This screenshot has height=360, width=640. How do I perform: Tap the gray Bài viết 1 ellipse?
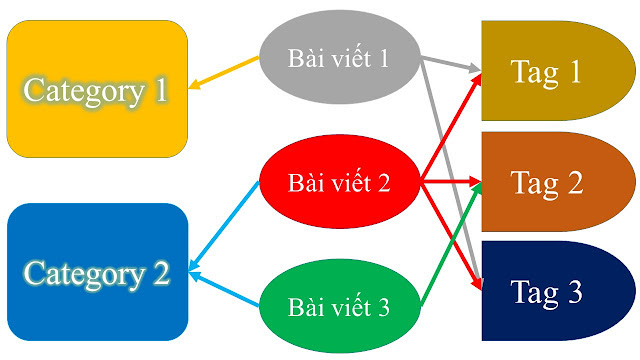click(x=338, y=58)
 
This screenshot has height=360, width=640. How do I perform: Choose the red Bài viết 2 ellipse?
click(x=338, y=183)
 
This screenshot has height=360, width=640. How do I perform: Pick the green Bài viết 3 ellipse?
click(x=338, y=306)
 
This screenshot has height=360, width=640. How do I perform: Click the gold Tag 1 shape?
click(x=545, y=71)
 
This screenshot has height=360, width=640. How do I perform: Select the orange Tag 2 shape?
click(x=546, y=182)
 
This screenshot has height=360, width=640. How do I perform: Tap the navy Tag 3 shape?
click(x=546, y=293)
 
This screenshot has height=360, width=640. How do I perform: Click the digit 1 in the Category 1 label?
click(x=160, y=90)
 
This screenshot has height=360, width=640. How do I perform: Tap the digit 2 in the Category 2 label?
click(x=160, y=272)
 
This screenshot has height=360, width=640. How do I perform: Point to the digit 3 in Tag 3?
click(x=573, y=293)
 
